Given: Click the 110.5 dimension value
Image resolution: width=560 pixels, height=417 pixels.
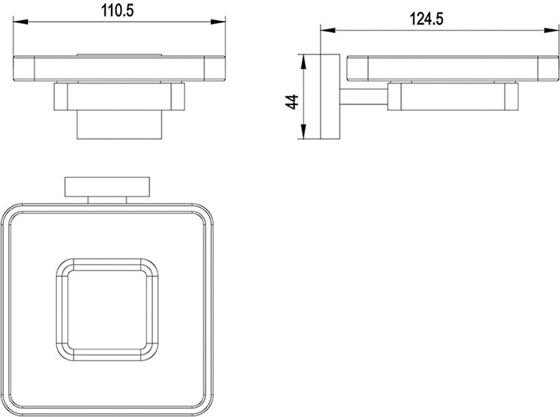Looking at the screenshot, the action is point(118,10).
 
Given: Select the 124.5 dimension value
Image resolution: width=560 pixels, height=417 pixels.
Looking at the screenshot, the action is point(427,19).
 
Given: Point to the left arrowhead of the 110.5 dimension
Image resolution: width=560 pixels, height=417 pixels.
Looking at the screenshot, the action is point(20,22).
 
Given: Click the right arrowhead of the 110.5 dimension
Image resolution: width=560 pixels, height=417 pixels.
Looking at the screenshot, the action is point(218,22).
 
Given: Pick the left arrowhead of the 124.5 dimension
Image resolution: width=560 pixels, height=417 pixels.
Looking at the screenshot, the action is point(328,30).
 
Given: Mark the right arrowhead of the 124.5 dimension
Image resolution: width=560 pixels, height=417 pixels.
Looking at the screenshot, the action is point(552,30).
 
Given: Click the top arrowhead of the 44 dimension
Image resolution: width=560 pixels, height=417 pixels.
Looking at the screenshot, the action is point(303,61).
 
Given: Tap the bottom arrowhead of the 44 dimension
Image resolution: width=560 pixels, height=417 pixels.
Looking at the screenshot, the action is point(303,131).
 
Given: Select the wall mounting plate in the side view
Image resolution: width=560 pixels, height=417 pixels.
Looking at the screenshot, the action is point(330,97).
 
